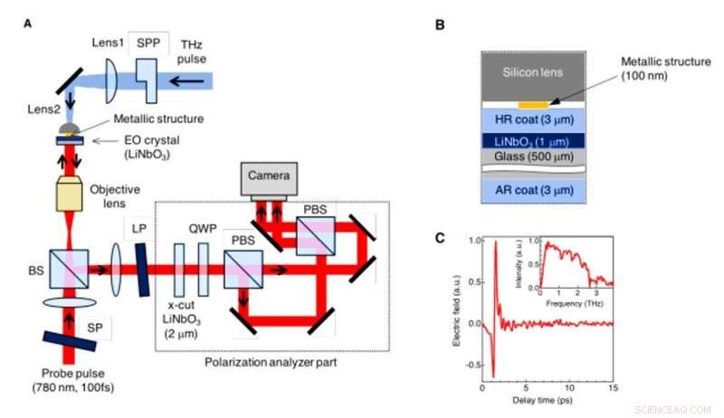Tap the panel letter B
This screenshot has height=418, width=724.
[442, 25]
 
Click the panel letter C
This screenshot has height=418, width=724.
[440, 239]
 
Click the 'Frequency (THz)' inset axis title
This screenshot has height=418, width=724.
[575, 305]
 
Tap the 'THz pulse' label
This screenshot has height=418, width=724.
[191, 52]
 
